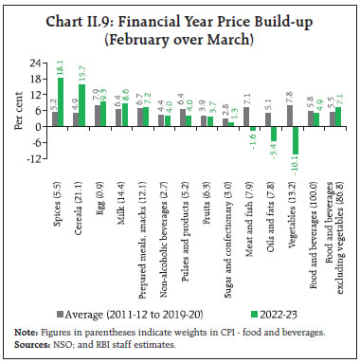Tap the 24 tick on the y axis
click(x=33, y=65)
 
